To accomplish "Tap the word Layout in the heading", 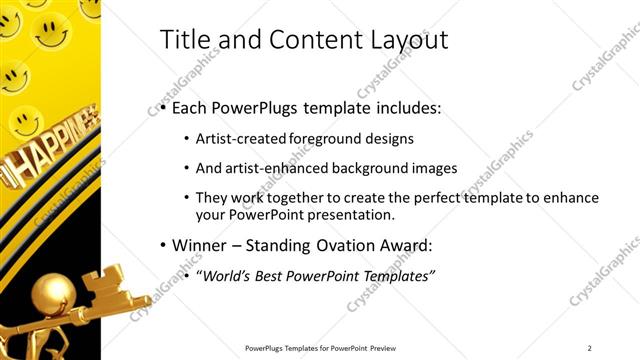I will (408, 40).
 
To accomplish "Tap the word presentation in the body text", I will (356, 214).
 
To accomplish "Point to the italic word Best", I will (275, 275).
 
